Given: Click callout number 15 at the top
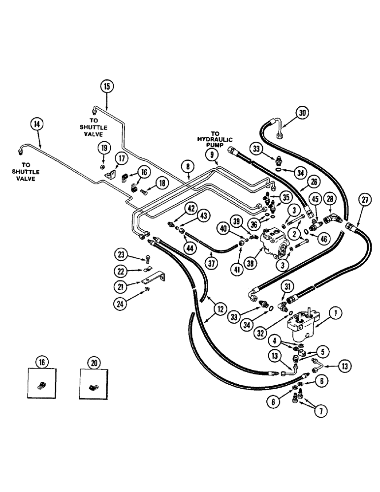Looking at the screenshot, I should [107, 86].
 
